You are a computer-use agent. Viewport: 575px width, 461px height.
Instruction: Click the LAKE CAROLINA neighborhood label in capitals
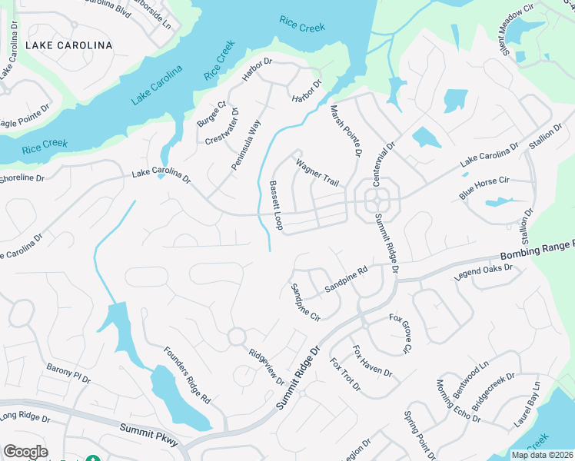click(x=69, y=45)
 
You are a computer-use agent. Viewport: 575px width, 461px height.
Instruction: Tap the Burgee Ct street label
click(x=211, y=114)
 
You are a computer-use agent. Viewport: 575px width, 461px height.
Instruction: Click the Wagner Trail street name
click(x=317, y=170)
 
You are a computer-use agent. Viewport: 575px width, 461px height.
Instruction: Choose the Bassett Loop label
click(x=276, y=206)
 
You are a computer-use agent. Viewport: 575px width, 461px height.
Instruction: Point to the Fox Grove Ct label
click(x=401, y=333)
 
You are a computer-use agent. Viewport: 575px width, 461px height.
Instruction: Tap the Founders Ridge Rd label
click(x=187, y=376)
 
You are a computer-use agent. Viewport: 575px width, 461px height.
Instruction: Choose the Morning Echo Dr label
click(x=457, y=401)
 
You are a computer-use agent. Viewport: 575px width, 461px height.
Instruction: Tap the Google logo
click(x=25, y=452)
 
